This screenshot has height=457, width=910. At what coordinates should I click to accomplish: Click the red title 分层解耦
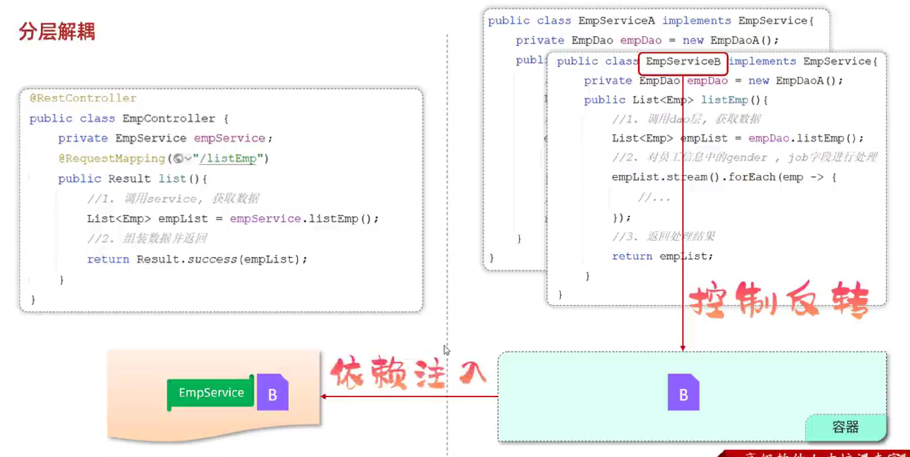point(57,31)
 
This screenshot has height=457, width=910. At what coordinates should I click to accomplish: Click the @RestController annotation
point(83,98)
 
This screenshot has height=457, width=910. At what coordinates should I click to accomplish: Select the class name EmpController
point(168,118)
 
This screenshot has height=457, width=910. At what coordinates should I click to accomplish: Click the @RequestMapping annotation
point(111,159)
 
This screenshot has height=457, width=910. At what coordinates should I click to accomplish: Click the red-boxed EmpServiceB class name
point(683,62)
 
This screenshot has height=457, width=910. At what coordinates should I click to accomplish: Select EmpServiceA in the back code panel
point(616,21)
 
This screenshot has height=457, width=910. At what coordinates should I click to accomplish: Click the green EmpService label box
point(210,393)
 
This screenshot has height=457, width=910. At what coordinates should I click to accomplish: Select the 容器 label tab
point(845,427)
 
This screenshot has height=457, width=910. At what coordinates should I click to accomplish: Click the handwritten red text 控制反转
point(778,300)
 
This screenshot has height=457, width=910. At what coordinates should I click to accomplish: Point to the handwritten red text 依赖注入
point(408,373)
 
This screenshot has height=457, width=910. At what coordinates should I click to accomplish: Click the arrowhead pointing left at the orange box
point(324,396)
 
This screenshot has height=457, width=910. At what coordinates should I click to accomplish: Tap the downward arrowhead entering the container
point(683,348)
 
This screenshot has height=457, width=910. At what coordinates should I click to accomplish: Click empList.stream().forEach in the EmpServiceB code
point(693,177)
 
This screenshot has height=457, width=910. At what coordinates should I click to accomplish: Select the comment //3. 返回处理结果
point(663,236)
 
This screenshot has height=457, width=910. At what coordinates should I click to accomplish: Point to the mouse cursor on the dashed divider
point(446,350)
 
